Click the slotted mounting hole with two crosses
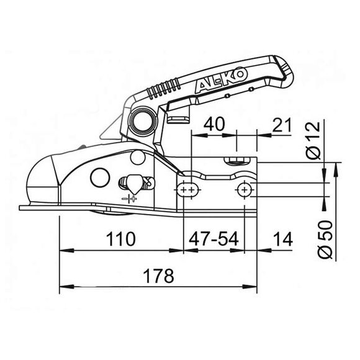click(187, 187)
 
